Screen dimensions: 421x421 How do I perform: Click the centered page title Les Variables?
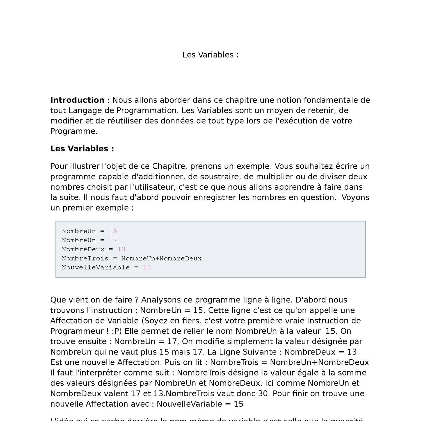click(210, 55)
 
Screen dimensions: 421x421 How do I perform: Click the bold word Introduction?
click(77, 100)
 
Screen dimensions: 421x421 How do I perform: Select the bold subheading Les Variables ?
click(82, 149)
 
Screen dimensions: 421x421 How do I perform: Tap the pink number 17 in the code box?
click(113, 240)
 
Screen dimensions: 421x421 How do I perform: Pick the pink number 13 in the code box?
click(121, 249)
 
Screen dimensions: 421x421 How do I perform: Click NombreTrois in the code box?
click(85, 258)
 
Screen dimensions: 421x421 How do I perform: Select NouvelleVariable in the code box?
click(96, 267)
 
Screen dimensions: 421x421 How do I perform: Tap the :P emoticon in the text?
click(116, 331)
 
